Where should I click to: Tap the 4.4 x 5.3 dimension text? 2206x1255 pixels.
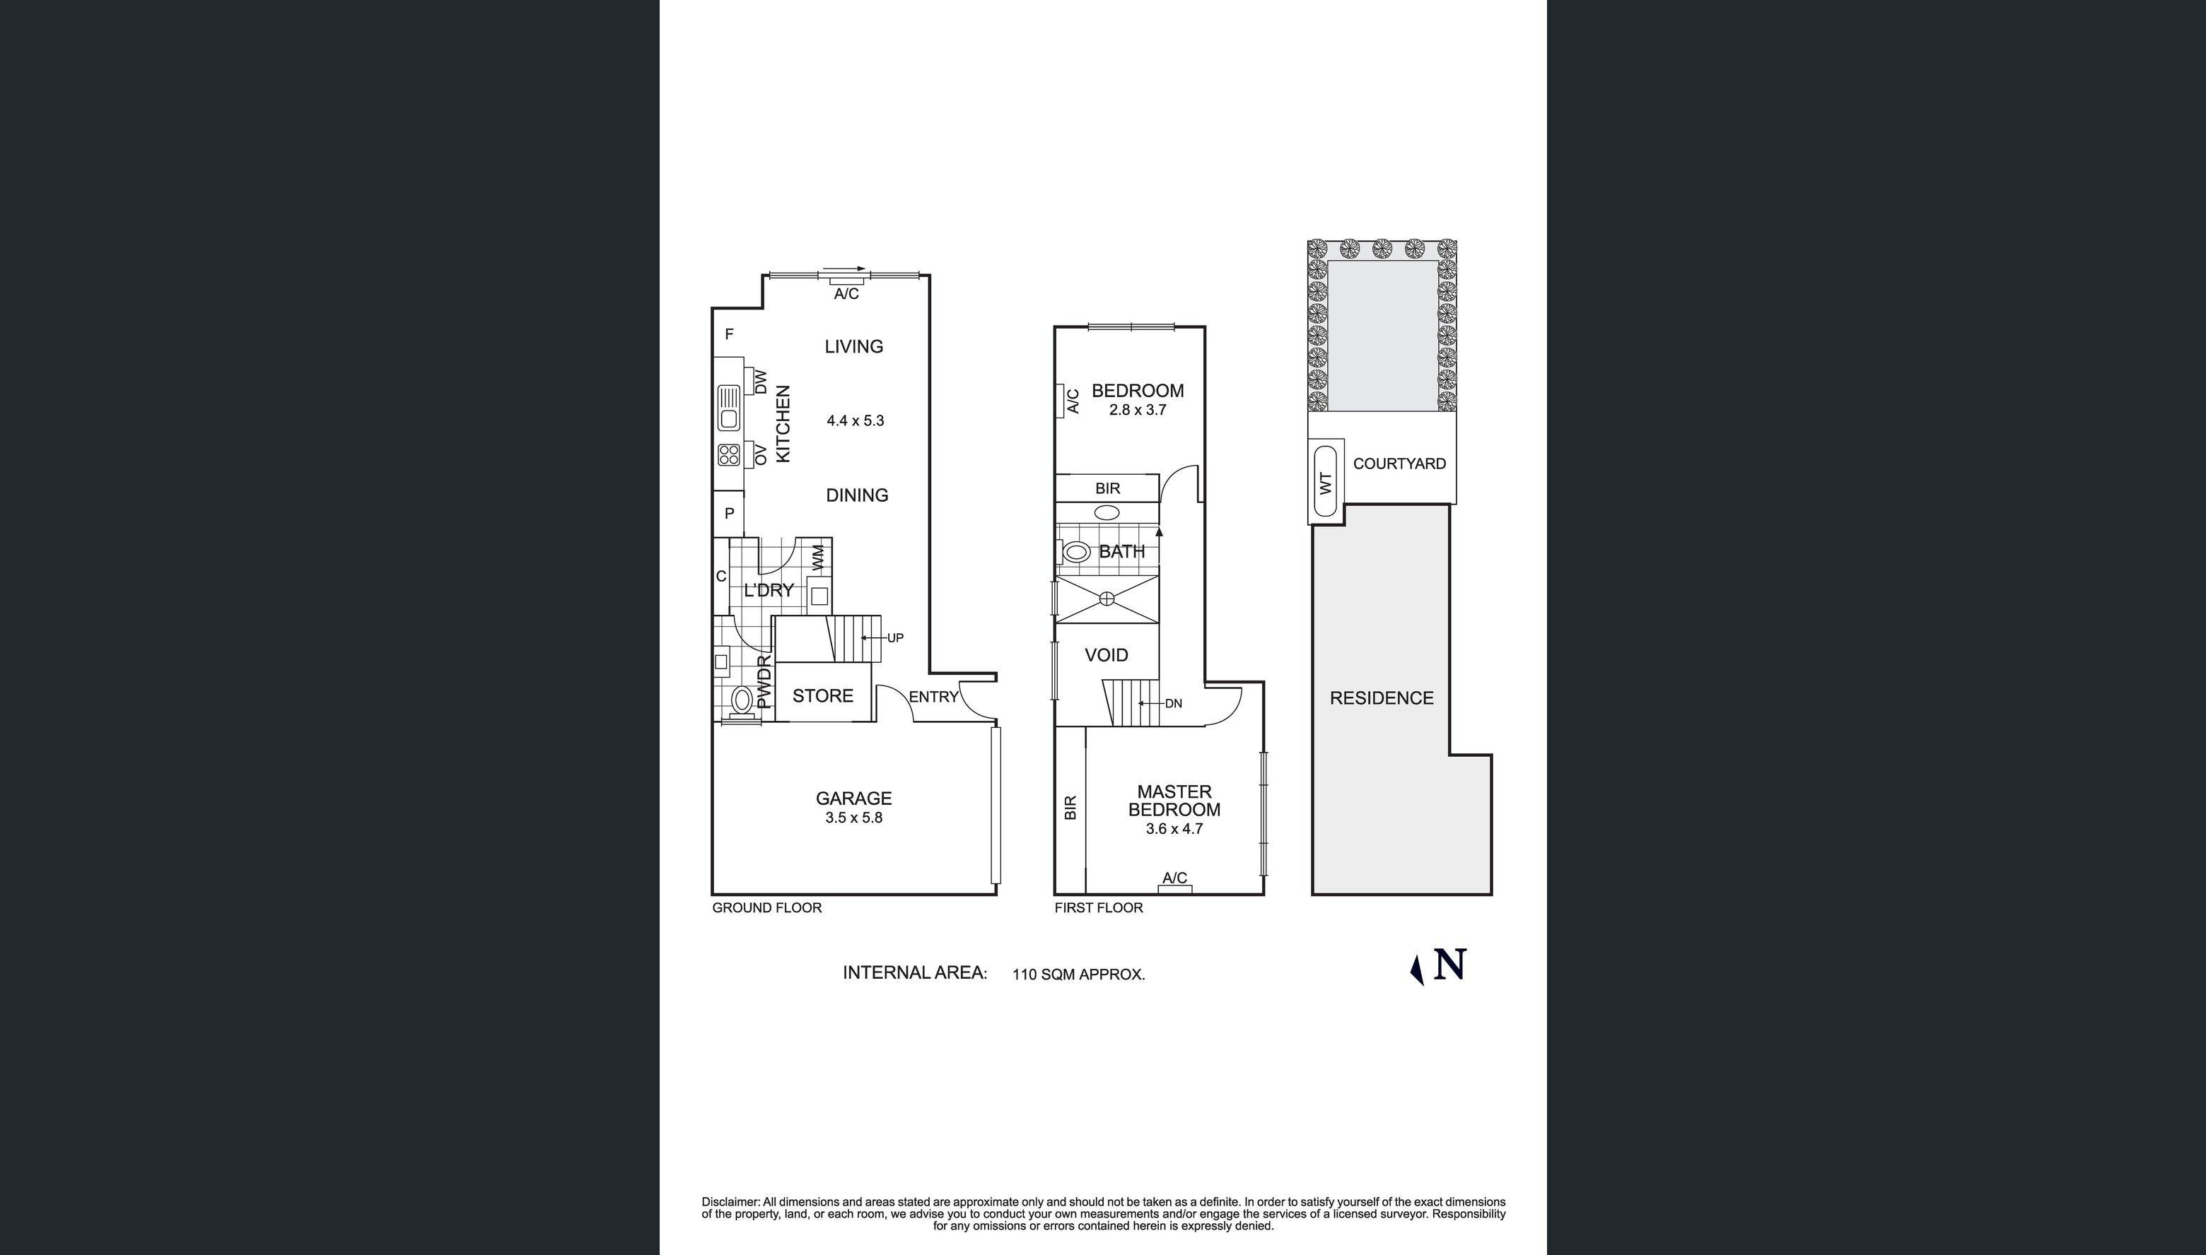tap(855, 420)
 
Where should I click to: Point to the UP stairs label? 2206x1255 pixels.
tap(895, 638)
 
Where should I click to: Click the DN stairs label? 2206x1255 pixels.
tap(1173, 703)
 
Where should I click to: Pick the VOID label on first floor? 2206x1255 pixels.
tap(1106, 655)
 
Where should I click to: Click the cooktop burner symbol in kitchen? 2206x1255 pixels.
tap(729, 454)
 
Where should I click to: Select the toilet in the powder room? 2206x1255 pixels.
tap(741, 699)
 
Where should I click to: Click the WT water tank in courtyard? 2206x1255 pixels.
tap(1326, 482)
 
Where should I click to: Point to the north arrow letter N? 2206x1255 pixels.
tap(1449, 965)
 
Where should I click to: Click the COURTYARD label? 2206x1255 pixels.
tap(1399, 464)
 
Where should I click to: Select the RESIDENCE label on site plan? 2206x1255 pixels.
tap(1381, 698)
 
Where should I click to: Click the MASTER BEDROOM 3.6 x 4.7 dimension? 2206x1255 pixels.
tap(1174, 829)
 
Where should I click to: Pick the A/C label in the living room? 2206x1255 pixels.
tap(846, 294)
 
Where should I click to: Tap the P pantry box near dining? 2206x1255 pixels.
tap(729, 514)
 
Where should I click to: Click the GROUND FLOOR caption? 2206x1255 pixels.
tap(766, 907)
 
